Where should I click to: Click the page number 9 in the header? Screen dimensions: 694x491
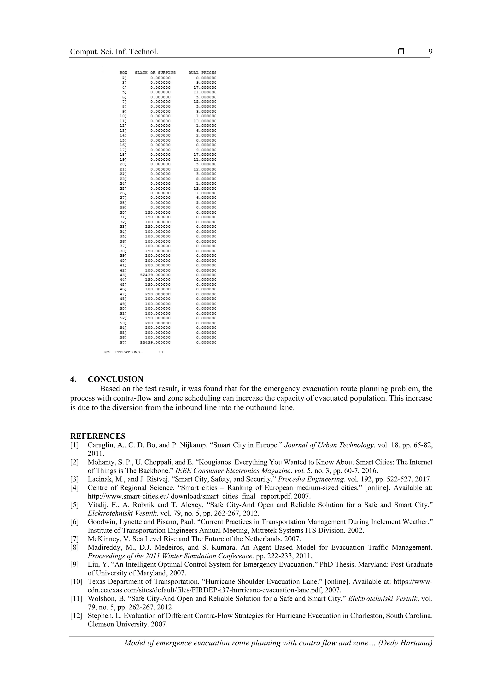pos(430,52)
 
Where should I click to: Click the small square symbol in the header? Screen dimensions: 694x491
pos(401,52)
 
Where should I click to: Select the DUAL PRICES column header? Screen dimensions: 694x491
pos(202,73)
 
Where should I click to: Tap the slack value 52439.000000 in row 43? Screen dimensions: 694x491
pos(155,275)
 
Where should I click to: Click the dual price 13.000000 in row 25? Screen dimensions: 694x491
pos(205,188)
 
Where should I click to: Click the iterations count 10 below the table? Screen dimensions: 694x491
pos(160,352)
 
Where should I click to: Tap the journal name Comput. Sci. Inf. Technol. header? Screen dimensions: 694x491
pos(114,52)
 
